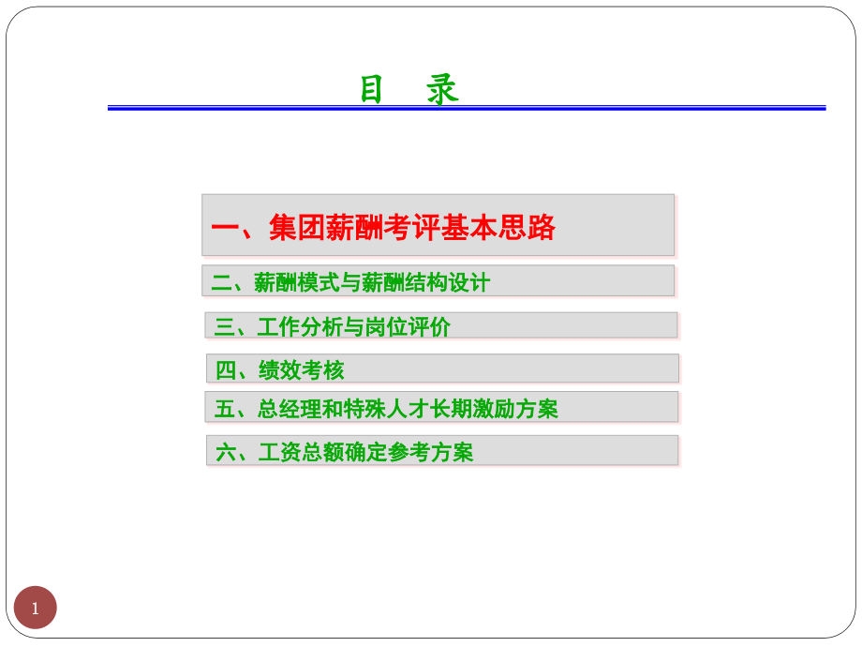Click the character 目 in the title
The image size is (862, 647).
(372, 90)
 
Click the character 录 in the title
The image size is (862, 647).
(443, 90)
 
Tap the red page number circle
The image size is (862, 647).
(36, 608)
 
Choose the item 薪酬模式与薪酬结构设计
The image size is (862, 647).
(372, 282)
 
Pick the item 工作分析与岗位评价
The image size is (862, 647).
(353, 327)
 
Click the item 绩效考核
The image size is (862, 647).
(301, 370)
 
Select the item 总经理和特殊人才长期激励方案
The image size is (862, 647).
(408, 409)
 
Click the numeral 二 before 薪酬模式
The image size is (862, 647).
(221, 282)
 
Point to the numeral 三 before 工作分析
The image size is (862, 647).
(224, 327)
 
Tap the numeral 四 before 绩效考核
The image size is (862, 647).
(226, 370)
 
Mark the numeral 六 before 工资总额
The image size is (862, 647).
(226, 453)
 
